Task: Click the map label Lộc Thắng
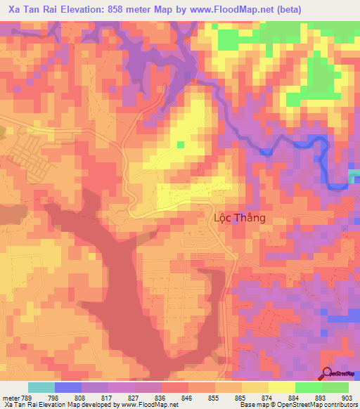point(239,218)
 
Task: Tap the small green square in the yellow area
point(181,145)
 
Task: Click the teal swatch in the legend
point(41,387)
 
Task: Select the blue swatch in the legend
point(68,387)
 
